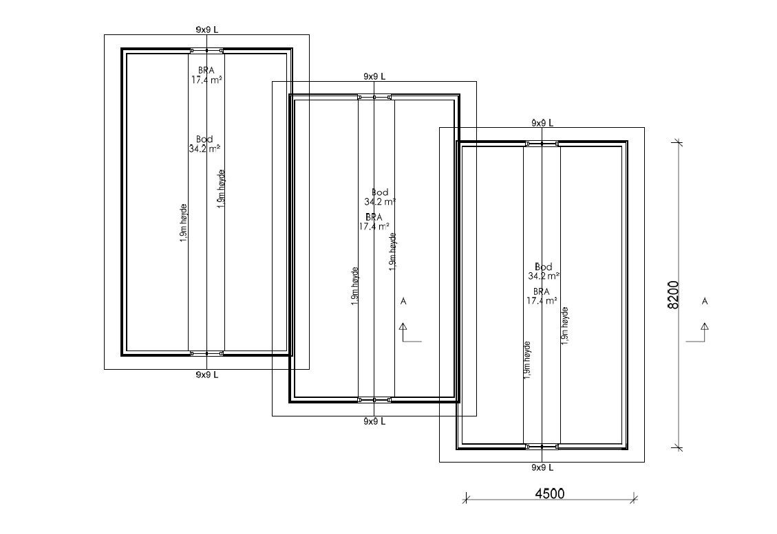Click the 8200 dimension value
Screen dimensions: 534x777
click(x=674, y=295)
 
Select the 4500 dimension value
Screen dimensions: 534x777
click(x=549, y=493)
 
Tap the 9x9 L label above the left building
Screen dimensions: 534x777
click(x=206, y=30)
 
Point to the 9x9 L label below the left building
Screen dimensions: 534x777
click(x=206, y=375)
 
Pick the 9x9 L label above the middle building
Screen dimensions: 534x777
click(x=374, y=76)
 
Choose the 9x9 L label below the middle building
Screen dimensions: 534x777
click(x=374, y=421)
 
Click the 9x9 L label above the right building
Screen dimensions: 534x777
click(x=542, y=122)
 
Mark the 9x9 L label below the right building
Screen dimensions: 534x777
click(x=542, y=467)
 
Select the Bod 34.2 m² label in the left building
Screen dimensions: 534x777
click(x=204, y=144)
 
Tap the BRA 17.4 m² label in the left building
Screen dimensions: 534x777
click(x=206, y=75)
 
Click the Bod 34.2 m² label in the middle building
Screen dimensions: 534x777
click(x=380, y=197)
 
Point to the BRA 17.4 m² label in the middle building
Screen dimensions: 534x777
click(x=374, y=221)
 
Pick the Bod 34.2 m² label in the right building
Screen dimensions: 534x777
click(x=544, y=271)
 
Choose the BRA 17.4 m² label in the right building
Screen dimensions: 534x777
click(x=542, y=296)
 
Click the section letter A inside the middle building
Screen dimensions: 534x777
click(x=404, y=301)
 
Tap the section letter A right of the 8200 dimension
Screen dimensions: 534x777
click(x=705, y=301)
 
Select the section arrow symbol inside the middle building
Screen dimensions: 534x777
click(x=406, y=333)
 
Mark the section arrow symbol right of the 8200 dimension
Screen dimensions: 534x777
click(x=703, y=333)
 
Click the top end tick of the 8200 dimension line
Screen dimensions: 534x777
click(x=679, y=143)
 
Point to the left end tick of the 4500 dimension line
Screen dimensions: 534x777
click(x=465, y=499)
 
